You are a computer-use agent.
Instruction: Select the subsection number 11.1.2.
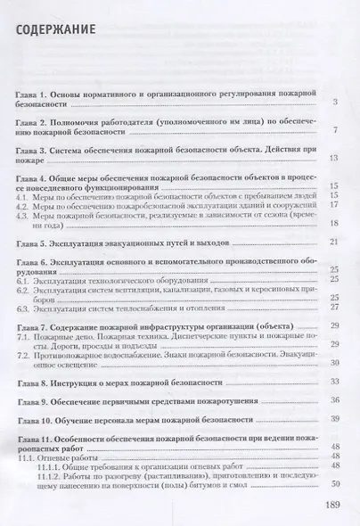pos(55,474)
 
